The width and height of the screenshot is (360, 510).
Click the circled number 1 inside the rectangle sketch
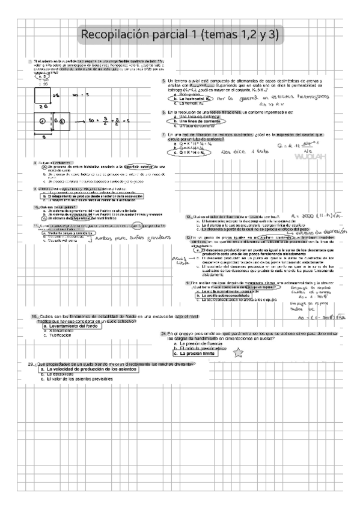[x=43, y=121]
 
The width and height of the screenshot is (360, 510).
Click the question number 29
[x=31, y=364]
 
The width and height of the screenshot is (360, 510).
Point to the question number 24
[x=163, y=333]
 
